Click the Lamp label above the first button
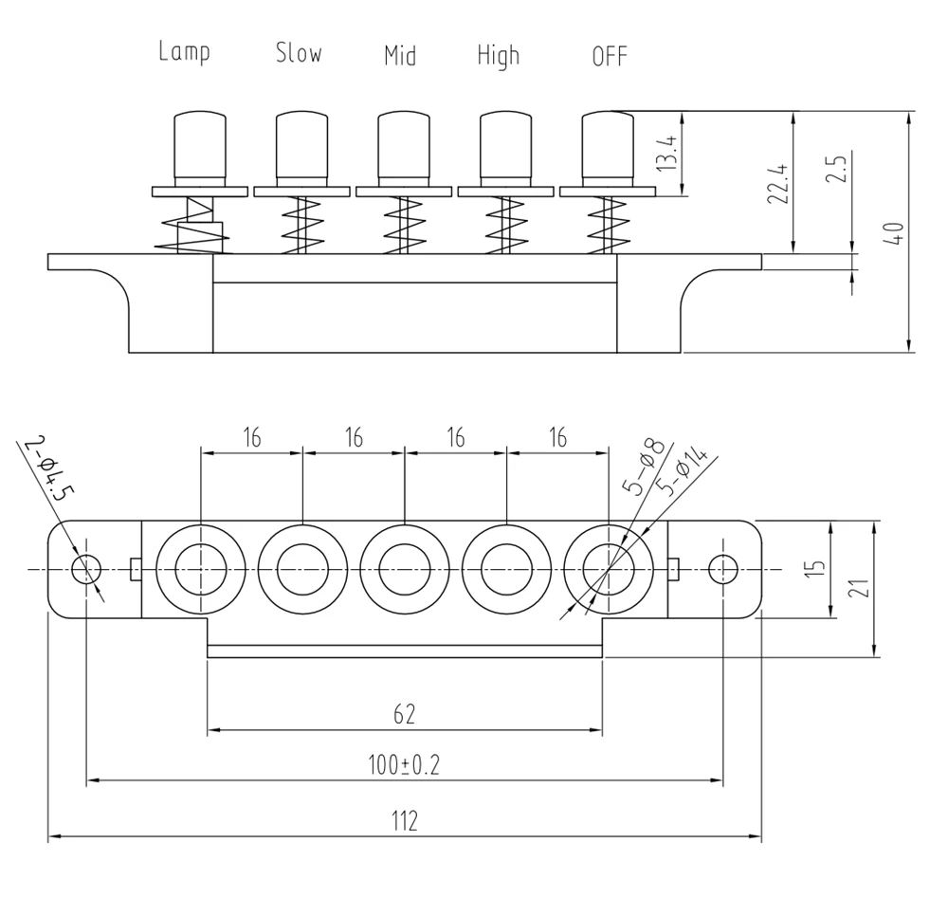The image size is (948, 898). [184, 52]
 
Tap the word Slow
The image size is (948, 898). [299, 53]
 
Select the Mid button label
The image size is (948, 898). [400, 55]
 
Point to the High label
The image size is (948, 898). [499, 56]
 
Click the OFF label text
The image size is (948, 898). [610, 57]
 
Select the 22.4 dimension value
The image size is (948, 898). [778, 182]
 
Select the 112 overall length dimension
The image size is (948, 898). [405, 820]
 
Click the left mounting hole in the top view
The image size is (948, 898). [86, 569]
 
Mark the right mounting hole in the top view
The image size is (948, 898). [722, 569]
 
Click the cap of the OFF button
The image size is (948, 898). [607, 147]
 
